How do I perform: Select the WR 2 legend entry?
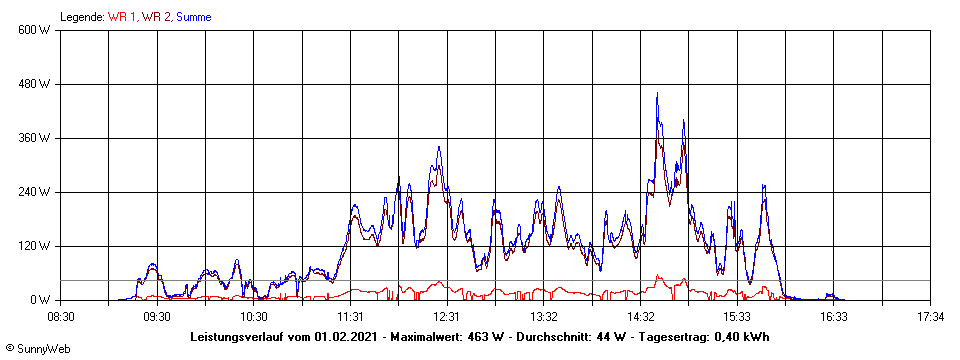click(156, 17)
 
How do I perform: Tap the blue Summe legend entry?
click(194, 17)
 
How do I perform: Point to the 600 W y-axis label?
click(36, 30)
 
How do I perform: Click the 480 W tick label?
click(36, 84)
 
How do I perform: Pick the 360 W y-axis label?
click(36, 138)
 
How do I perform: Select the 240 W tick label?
click(36, 192)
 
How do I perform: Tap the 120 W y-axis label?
click(36, 246)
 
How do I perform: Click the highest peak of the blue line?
click(657, 94)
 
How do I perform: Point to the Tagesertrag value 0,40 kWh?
click(739, 336)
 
